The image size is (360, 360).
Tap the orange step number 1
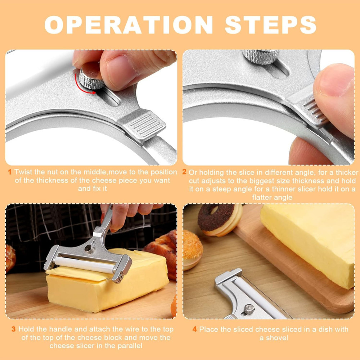click(10, 172)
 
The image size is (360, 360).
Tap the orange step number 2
click(184, 172)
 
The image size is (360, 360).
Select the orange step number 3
click(13, 329)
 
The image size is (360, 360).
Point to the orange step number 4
click(194, 329)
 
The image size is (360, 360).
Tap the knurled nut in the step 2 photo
click(261, 56)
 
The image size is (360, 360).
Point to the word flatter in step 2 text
click(265, 197)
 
